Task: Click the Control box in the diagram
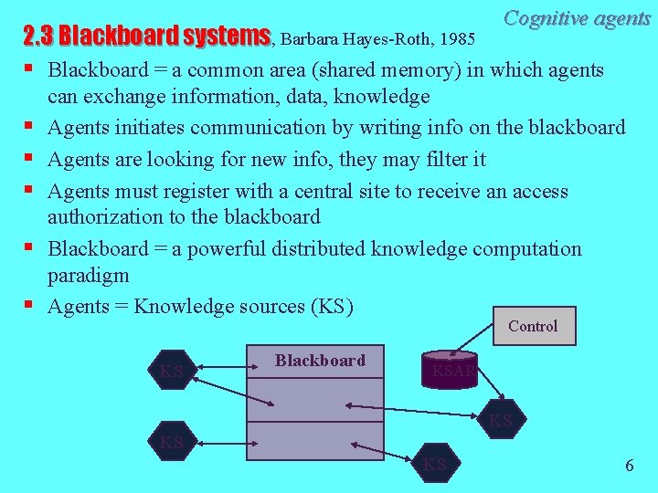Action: coord(533,326)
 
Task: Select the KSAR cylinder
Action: coord(450,369)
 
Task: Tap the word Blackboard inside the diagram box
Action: coord(320,361)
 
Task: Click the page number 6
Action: coord(629,465)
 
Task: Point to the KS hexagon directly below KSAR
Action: coord(500,420)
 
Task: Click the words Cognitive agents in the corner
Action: coord(577,17)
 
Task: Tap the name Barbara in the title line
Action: coord(316,38)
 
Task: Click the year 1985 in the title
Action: coord(455,38)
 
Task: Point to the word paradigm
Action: coord(88,275)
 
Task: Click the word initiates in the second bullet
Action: coord(148,128)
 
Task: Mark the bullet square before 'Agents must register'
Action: coord(29,191)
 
